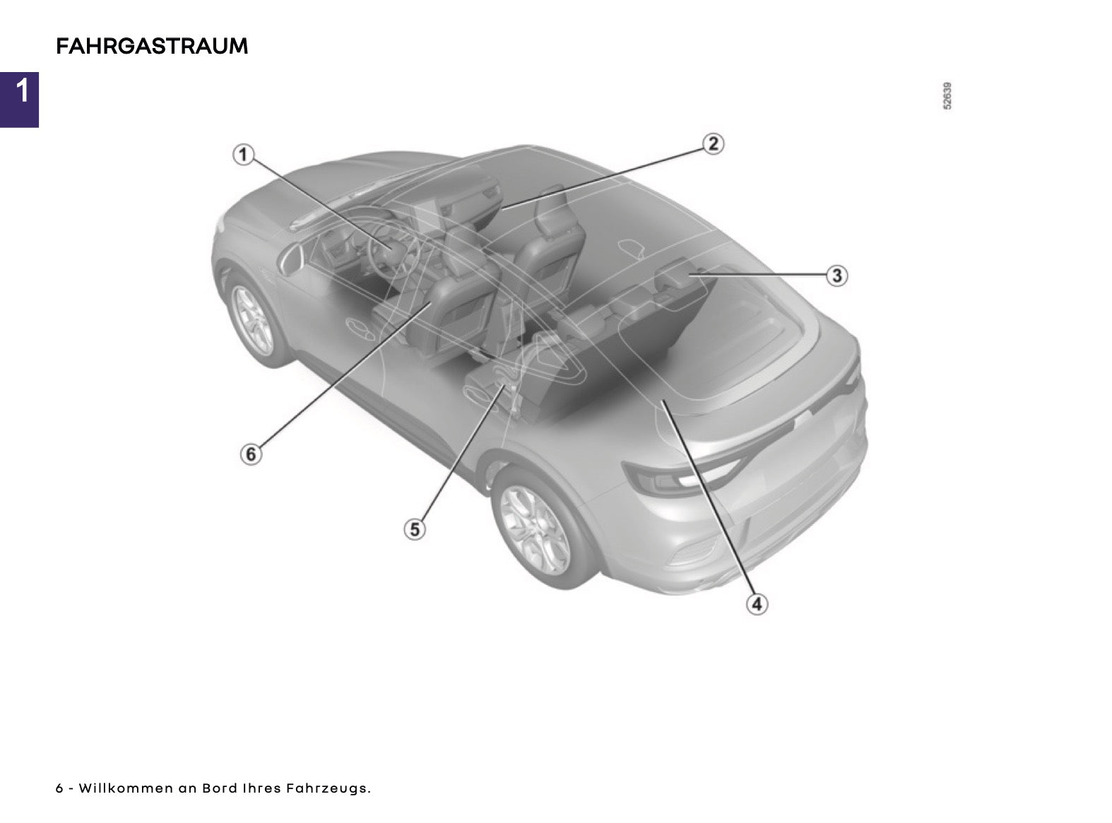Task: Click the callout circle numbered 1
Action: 243,155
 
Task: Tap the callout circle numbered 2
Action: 713,144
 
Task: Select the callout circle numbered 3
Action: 836,276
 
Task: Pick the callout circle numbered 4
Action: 757,603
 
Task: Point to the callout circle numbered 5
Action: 415,529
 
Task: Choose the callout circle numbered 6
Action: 252,454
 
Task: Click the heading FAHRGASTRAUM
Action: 152,46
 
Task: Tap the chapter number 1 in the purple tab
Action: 22,92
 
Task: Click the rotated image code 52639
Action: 947,95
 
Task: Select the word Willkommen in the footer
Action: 126,788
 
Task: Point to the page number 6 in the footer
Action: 59,788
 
